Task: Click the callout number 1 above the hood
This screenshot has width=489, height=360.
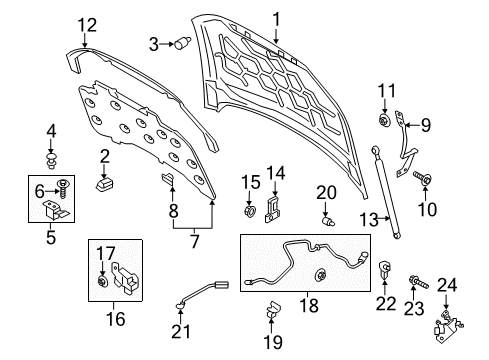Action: click(278, 17)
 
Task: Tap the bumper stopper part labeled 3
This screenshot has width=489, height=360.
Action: click(184, 43)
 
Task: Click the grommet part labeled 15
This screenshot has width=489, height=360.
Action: click(248, 212)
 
